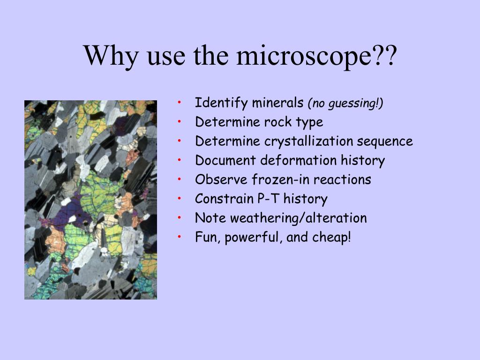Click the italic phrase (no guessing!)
[345, 103]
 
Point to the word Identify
[221, 103]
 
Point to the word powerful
[253, 238]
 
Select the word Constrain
[224, 199]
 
